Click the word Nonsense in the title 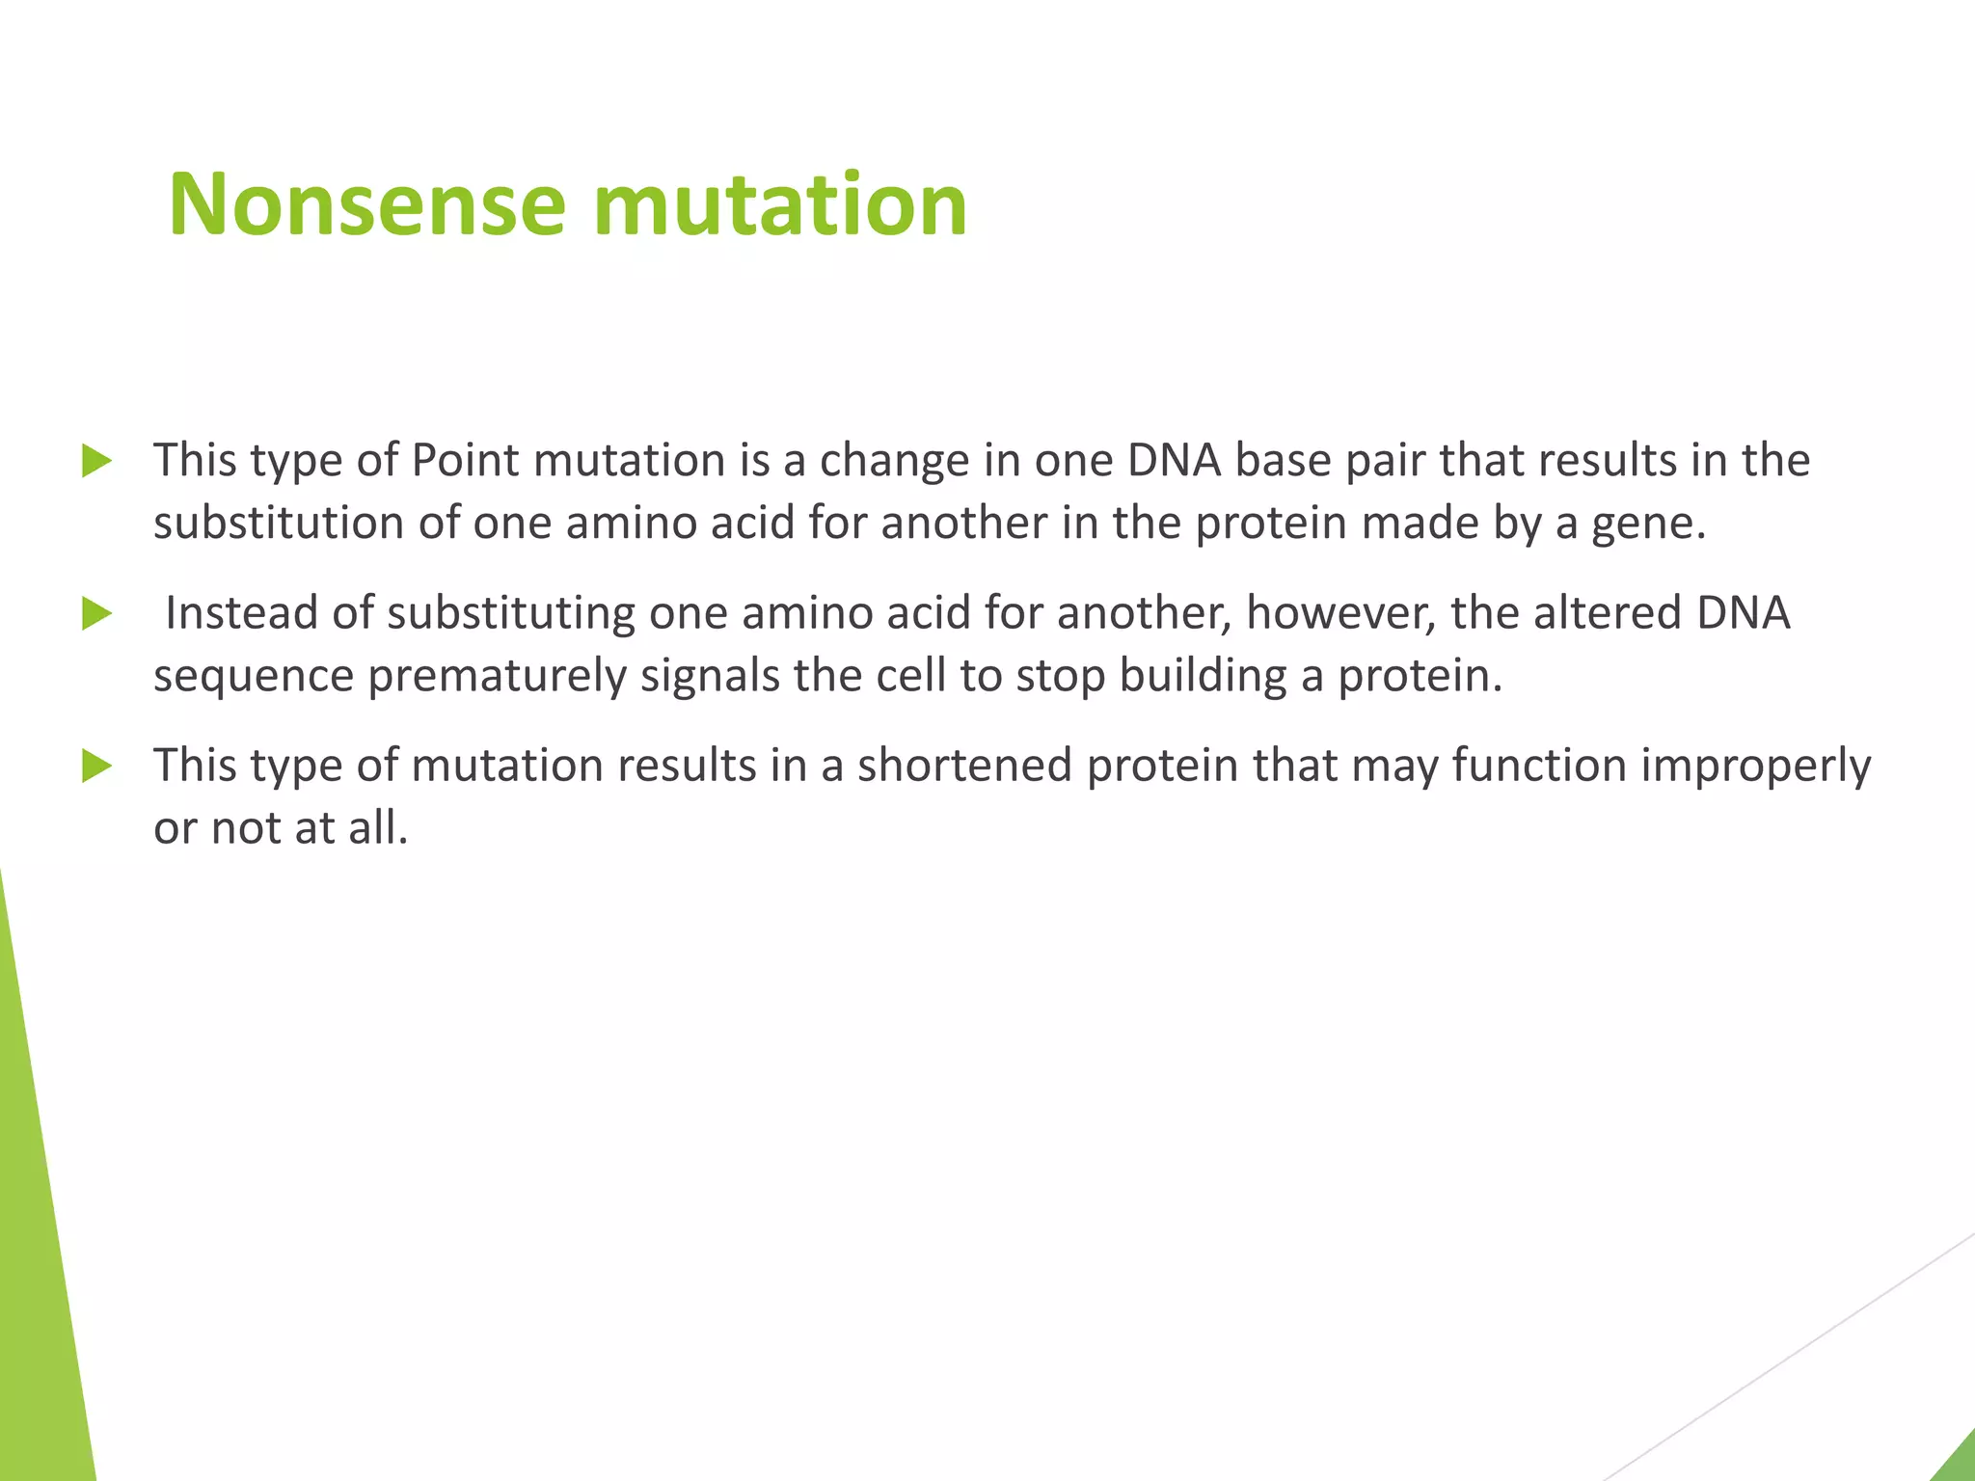[366, 204]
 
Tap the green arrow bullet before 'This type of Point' [96, 461]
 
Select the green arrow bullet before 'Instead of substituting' [96, 613]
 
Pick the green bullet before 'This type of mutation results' [96, 767]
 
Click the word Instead [241, 613]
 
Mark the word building [1203, 677]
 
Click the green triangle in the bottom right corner [1958, 1462]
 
